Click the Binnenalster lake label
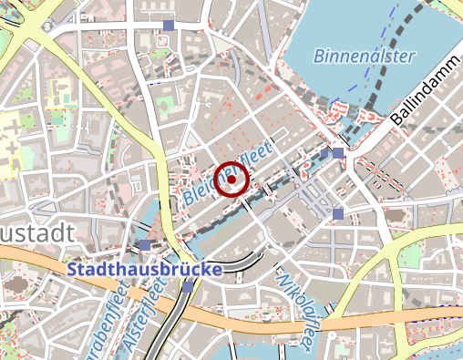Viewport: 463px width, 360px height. click(365, 56)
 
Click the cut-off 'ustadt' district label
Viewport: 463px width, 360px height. click(36, 234)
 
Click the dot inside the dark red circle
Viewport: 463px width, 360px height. click(231, 180)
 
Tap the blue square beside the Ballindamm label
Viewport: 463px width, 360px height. click(338, 153)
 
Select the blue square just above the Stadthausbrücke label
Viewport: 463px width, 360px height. click(145, 245)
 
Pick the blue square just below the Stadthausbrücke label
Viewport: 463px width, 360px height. click(188, 286)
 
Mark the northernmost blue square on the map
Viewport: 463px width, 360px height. click(168, 26)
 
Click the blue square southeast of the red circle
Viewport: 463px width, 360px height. click(338, 213)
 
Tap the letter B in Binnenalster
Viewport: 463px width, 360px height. click(320, 57)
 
